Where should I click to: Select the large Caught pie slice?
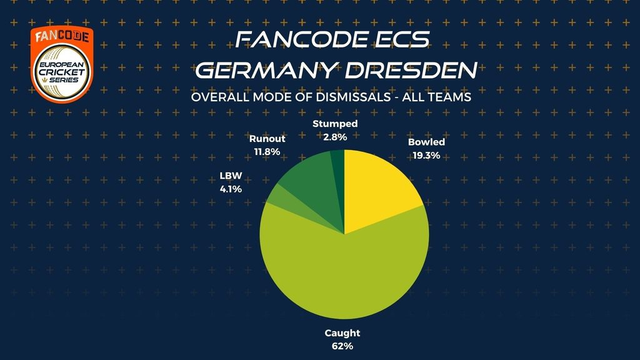tap(344, 275)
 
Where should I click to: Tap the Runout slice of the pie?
tap(306, 181)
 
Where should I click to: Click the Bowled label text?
tap(426, 142)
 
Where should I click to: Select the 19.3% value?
tap(426, 154)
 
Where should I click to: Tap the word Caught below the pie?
tap(343, 333)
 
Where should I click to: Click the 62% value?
tap(343, 345)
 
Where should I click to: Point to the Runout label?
tap(267, 139)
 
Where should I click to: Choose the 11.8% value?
tap(267, 151)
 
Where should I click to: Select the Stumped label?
tap(335, 124)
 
